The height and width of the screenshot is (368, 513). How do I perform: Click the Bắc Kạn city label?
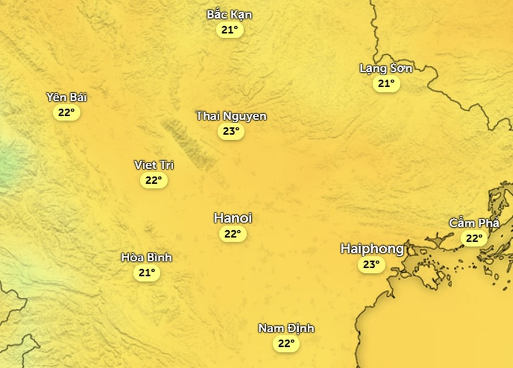click(229, 15)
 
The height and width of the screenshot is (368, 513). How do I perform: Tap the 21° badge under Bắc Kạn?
click(230, 30)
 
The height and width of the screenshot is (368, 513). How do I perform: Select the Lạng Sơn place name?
click(385, 68)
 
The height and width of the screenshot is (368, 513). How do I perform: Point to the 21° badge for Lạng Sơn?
click(386, 84)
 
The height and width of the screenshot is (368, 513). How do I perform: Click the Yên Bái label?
click(67, 97)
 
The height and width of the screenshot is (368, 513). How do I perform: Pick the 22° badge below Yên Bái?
click(67, 112)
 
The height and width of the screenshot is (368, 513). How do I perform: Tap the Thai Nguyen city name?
click(231, 116)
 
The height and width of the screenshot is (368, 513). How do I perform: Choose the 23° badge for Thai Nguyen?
click(231, 132)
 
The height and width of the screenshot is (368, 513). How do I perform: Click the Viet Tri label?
click(154, 165)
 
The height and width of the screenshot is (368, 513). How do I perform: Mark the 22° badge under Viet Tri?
click(154, 181)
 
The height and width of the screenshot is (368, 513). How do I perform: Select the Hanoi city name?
click(233, 218)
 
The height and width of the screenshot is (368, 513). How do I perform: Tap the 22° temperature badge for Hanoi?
click(233, 234)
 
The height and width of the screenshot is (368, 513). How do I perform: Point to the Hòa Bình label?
click(146, 257)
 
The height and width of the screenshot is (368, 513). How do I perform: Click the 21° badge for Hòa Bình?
click(146, 273)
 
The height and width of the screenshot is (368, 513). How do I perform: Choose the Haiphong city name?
click(372, 249)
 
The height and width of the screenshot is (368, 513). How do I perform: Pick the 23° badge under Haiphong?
click(372, 264)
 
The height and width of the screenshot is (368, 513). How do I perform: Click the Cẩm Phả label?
click(474, 223)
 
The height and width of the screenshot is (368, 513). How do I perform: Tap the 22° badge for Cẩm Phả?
click(474, 238)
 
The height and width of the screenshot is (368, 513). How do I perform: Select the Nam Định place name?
click(286, 328)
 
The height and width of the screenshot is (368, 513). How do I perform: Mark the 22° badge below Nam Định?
click(286, 344)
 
